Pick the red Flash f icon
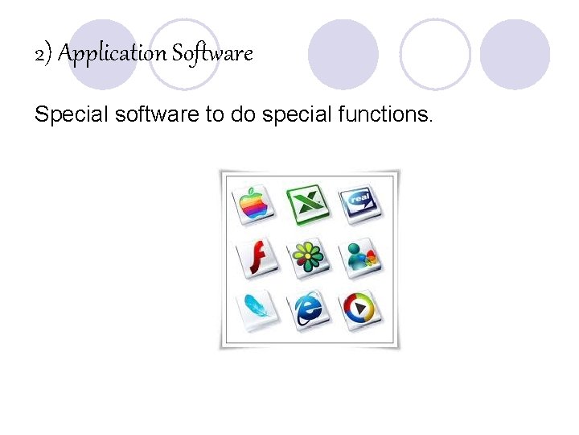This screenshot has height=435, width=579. pyautogui.click(x=257, y=257)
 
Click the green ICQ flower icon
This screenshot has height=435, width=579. pyautogui.click(x=308, y=257)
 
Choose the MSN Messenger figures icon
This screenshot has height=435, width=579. pyautogui.click(x=360, y=257)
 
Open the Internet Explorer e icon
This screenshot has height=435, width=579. pyautogui.click(x=309, y=309)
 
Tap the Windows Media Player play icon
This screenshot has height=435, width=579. pyautogui.click(x=360, y=308)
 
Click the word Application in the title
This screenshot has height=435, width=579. pyautogui.click(x=112, y=54)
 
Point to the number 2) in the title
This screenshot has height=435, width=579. pyautogui.click(x=43, y=55)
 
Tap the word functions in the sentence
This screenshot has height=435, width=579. pyautogui.click(x=389, y=115)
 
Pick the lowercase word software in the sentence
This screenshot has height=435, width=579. pyautogui.click(x=157, y=115)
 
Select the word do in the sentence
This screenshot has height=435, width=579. pyautogui.click(x=242, y=115)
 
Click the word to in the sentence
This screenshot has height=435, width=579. pyautogui.click(x=215, y=115)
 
